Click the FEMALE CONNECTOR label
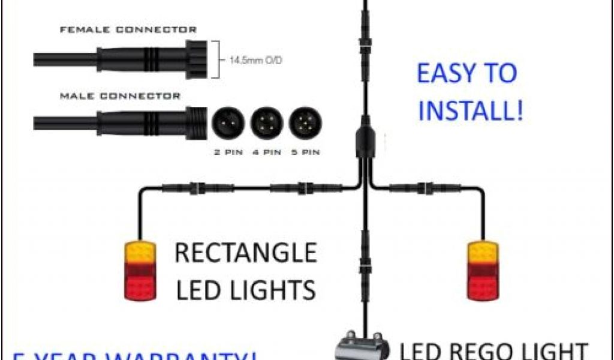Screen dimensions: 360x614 click(x=128, y=29)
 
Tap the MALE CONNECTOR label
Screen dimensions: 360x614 click(x=120, y=96)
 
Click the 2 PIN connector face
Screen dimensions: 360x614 click(x=228, y=124)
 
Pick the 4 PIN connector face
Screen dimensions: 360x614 click(x=267, y=124)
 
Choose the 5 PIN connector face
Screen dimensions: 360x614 click(x=305, y=124)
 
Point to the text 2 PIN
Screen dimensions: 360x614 click(x=228, y=152)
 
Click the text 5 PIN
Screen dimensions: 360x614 click(x=305, y=152)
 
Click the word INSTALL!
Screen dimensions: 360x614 click(x=470, y=111)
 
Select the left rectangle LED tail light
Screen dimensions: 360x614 click(x=140, y=271)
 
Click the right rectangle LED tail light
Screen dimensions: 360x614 click(x=482, y=271)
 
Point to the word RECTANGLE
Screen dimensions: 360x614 click(x=245, y=253)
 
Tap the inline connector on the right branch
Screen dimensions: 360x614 click(x=429, y=188)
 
